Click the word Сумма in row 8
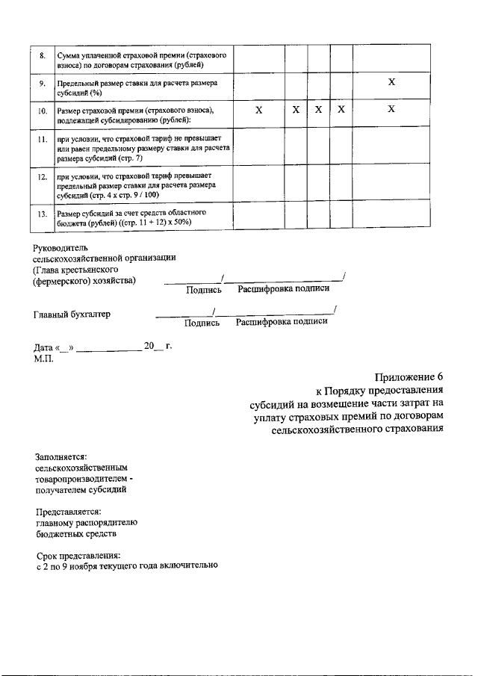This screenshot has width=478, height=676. pyautogui.click(x=71, y=55)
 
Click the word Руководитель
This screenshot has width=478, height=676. pyautogui.click(x=60, y=246)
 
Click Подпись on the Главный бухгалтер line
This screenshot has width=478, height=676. pyautogui.click(x=202, y=323)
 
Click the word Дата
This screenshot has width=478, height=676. pyautogui.click(x=45, y=348)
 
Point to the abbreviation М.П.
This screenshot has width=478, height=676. pyautogui.click(x=43, y=359)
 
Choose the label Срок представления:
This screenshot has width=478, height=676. pyautogui.click(x=78, y=555)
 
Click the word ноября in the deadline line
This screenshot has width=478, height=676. pyautogui.click(x=95, y=566)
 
